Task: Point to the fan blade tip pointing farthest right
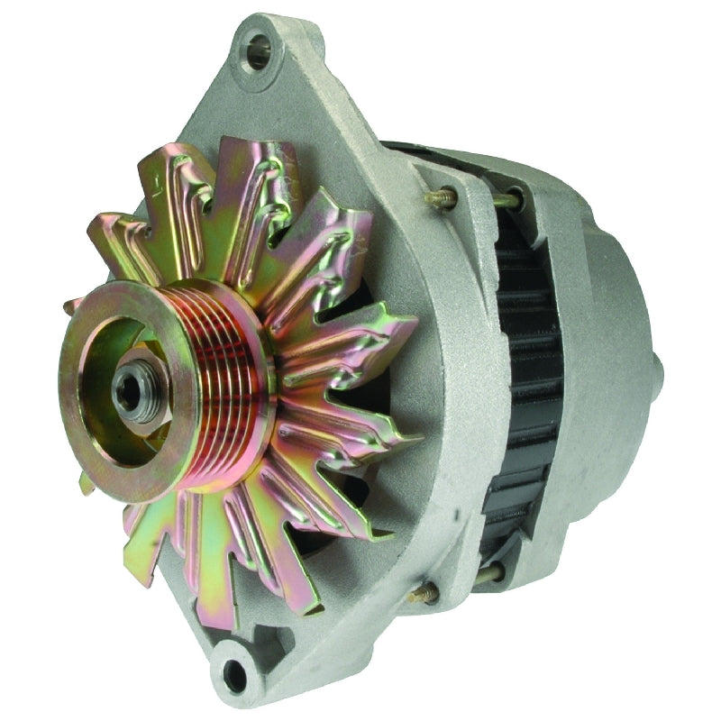[x=410, y=442]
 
